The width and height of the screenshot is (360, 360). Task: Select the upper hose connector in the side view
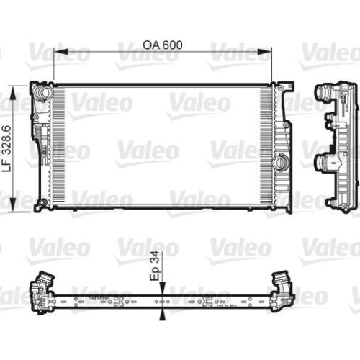(323, 96)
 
